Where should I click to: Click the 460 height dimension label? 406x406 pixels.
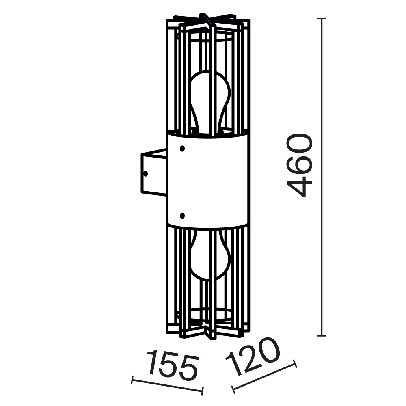click(x=300, y=165)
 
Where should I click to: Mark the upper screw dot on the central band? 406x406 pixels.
click(x=182, y=149)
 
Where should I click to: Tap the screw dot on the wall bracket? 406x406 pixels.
click(x=146, y=173)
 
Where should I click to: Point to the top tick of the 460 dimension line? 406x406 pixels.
click(x=322, y=19)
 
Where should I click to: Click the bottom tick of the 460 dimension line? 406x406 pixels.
click(x=322, y=336)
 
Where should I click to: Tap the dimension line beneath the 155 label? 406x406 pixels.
click(x=167, y=386)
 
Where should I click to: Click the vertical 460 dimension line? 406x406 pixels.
click(x=322, y=244)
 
